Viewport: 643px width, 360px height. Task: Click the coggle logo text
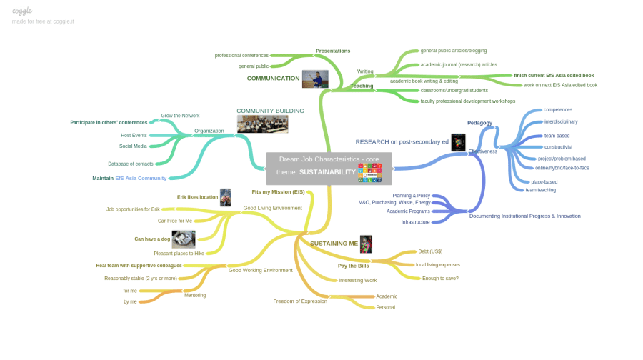coord(22,11)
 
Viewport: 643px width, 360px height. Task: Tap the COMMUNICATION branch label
coord(273,79)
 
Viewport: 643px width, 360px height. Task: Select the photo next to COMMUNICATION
coord(314,79)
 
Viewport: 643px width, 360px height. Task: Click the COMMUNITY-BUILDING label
coord(270,111)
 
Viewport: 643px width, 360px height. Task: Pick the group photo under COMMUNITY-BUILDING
coord(262,124)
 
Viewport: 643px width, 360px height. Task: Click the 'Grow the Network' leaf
coord(180,116)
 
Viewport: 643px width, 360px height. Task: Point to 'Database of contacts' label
coord(130,164)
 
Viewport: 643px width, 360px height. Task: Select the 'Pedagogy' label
coord(479,123)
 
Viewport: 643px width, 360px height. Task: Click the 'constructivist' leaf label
coord(558,146)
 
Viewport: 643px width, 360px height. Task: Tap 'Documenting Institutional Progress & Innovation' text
coord(524,216)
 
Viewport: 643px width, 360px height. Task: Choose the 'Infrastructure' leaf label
coord(415,222)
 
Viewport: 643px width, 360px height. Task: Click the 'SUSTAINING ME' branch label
coord(334,244)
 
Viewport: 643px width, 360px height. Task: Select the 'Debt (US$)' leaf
coord(430,251)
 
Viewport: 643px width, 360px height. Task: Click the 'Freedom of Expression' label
coord(300,301)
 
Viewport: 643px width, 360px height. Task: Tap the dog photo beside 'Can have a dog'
coord(184,239)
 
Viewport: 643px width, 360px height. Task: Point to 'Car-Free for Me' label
coord(175,221)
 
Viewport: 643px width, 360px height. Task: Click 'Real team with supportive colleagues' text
coord(139,265)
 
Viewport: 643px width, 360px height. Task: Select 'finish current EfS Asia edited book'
coord(554,75)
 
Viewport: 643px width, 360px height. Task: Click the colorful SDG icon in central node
coord(369,172)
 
